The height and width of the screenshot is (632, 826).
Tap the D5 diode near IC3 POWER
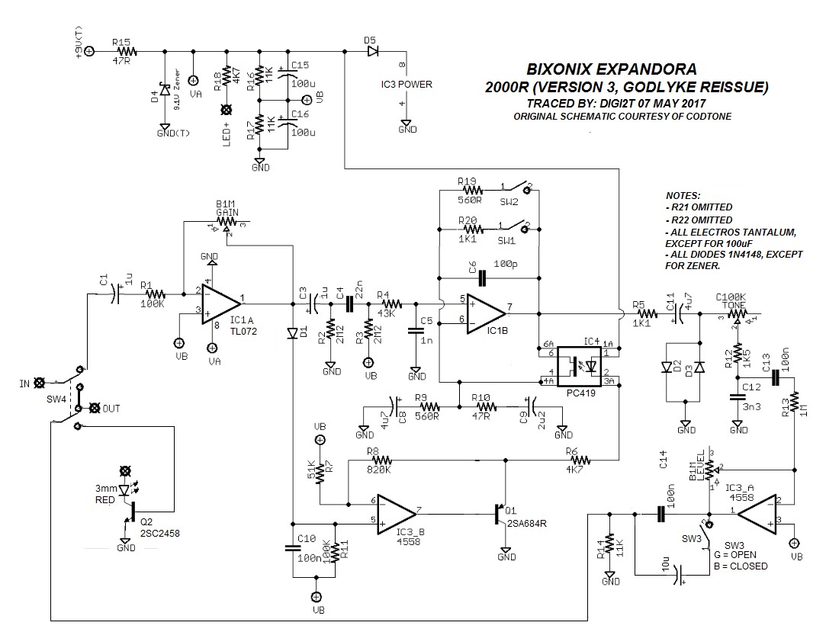[x=371, y=51]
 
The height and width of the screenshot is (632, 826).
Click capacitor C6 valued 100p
[x=482, y=278]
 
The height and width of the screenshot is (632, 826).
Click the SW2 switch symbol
[x=515, y=188]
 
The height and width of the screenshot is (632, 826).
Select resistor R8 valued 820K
[x=379, y=460]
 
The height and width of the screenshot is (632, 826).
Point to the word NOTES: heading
[x=683, y=196]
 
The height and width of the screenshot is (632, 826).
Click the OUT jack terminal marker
[x=95, y=409]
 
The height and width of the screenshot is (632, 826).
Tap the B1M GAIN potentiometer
[x=226, y=223]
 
